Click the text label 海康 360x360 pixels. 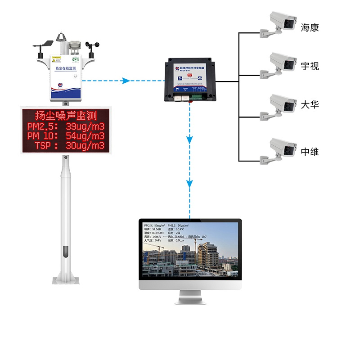coord(310,28)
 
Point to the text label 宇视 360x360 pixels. coord(310,67)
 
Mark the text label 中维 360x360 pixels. coord(310,152)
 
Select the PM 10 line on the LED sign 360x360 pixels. coord(66,135)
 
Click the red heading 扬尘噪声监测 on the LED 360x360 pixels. coord(66,115)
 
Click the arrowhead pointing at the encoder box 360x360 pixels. coord(126,81)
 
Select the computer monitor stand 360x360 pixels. coord(190,297)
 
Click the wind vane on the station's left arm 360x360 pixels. coord(45,45)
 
